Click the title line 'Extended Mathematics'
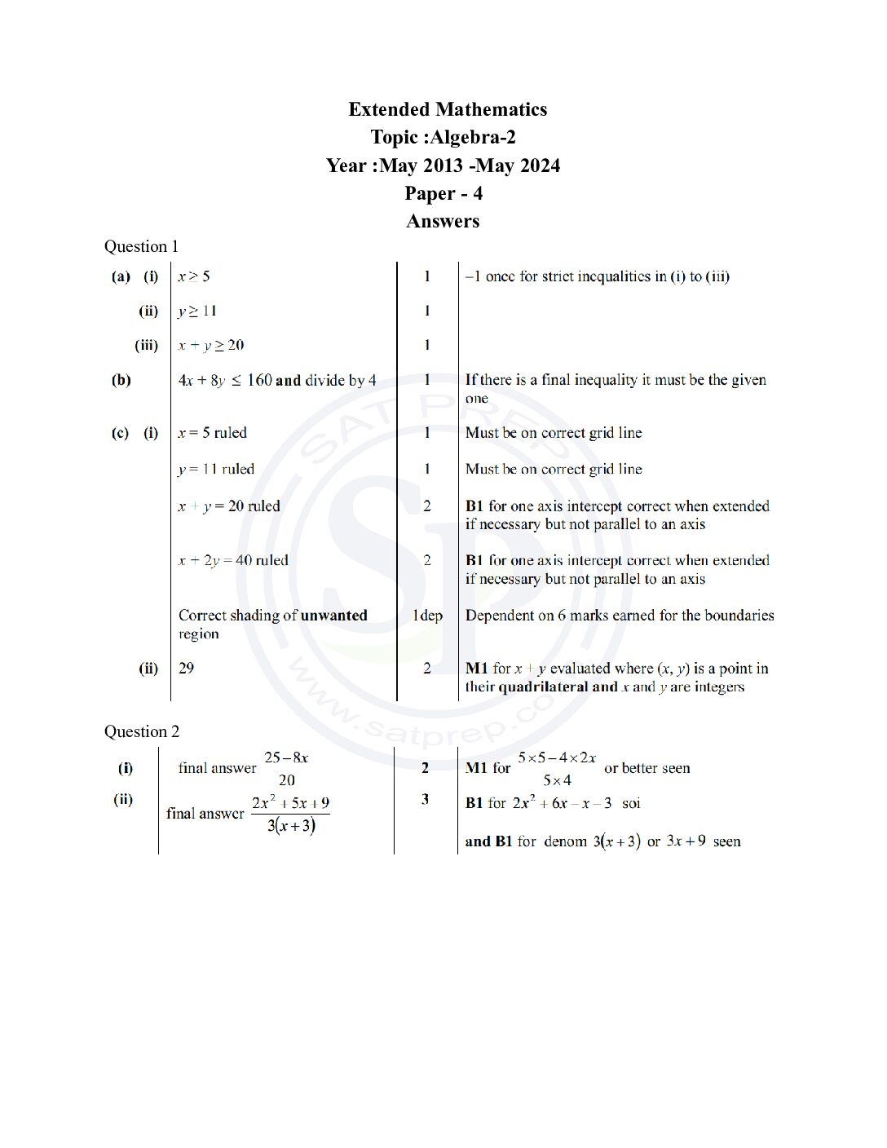[x=448, y=109]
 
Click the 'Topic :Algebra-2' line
[x=443, y=137]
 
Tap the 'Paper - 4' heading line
[x=443, y=193]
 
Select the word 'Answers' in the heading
[x=443, y=221]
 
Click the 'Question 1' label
[x=141, y=246]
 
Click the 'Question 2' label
[x=141, y=731]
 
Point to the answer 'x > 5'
[x=194, y=276]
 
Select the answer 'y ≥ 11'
[x=197, y=311]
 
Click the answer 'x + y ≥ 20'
[x=211, y=345]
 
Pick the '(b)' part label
[x=121, y=380]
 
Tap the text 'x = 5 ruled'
[x=212, y=433]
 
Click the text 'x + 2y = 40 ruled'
[x=233, y=560]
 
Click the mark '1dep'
[x=427, y=616]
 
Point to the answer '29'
[x=187, y=669]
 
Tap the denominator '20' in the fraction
[x=286, y=780]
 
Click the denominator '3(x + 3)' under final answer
[x=291, y=826]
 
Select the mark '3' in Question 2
[x=426, y=799]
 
